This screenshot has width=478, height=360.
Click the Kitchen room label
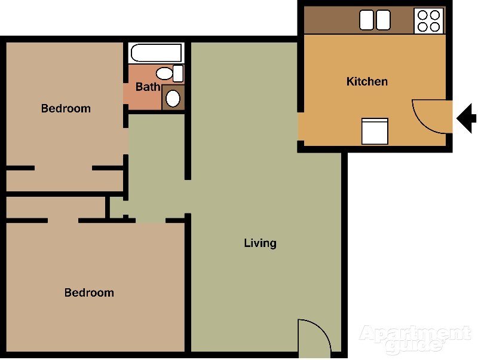(x=367, y=81)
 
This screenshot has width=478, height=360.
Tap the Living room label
(x=260, y=243)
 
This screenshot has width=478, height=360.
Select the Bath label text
(x=148, y=87)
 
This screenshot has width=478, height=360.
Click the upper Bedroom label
(x=66, y=108)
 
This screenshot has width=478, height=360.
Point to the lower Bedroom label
(x=89, y=292)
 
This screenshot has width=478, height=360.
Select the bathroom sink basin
(x=173, y=98)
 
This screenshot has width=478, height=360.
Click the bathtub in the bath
(x=155, y=53)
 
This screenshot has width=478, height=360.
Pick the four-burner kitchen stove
(x=429, y=20)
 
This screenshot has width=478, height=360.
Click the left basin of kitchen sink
(x=366, y=20)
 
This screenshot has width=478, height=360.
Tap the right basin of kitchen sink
(x=383, y=20)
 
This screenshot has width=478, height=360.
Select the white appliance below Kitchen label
(x=375, y=131)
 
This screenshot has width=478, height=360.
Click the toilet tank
(x=178, y=74)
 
